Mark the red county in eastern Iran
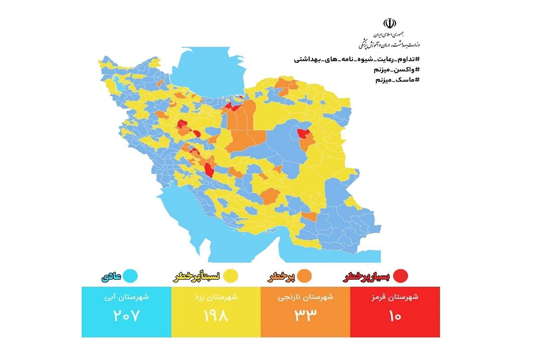coord(303,133)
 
